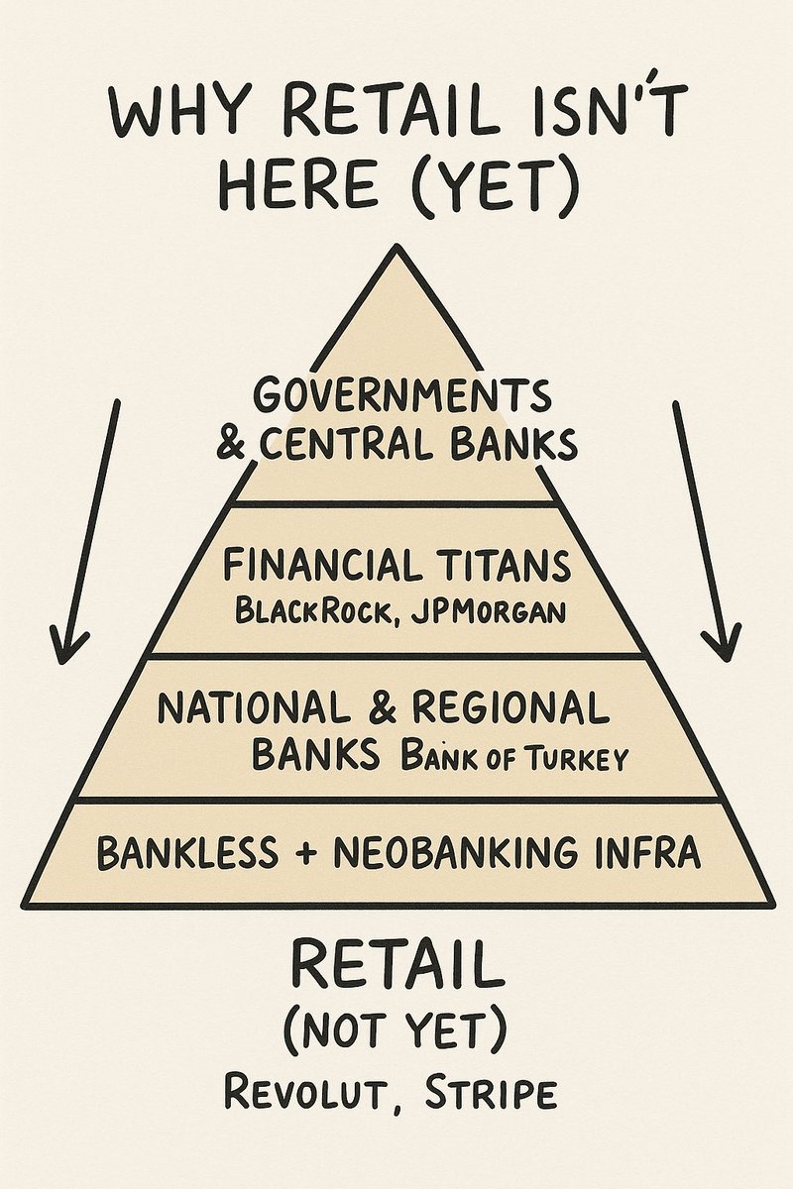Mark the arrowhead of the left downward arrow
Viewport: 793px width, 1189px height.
pyautogui.click(x=69, y=644)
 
